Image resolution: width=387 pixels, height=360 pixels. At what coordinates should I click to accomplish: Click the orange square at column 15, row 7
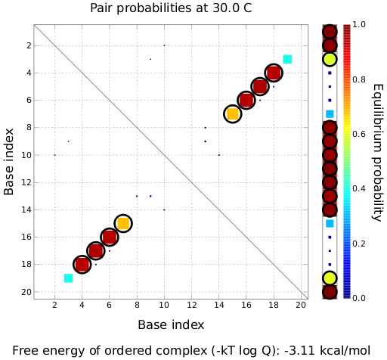[232, 114]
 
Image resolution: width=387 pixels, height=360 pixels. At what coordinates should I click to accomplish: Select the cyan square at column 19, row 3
[287, 59]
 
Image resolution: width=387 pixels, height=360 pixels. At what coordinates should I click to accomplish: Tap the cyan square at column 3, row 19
[69, 278]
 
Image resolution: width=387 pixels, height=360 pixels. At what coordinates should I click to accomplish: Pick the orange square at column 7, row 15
[123, 223]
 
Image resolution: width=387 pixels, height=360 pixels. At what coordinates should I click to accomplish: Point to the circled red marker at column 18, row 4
[274, 73]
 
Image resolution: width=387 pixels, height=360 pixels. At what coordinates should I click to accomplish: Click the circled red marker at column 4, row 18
[82, 264]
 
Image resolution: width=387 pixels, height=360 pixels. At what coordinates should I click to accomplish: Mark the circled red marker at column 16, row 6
[246, 100]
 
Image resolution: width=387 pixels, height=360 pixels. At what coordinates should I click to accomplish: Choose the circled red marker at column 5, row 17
[95, 250]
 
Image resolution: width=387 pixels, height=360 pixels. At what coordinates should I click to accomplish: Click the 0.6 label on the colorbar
[358, 134]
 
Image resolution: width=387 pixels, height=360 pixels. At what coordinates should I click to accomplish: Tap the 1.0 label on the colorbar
[358, 24]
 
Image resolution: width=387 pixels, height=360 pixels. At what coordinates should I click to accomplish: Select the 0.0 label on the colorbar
[358, 298]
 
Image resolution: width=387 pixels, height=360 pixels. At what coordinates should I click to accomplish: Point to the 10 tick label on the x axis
[164, 305]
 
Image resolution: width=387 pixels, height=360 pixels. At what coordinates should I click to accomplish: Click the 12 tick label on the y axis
[26, 182]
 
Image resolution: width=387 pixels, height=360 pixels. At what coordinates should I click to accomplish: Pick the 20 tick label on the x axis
[301, 305]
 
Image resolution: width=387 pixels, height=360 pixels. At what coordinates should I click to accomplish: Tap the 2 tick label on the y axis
[29, 45]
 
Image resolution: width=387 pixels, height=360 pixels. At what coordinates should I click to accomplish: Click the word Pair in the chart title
[101, 8]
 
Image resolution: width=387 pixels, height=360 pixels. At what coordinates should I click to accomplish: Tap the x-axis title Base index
[171, 324]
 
